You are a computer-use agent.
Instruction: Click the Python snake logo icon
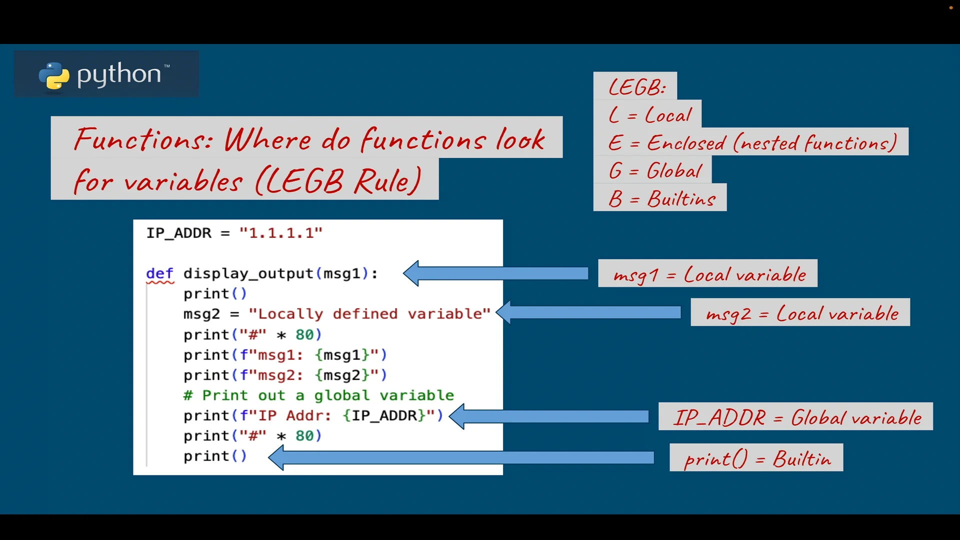coord(54,76)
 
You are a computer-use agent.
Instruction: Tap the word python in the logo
coord(119,74)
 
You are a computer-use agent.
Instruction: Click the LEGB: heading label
coord(636,87)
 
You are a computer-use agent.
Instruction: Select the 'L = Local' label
coord(649,115)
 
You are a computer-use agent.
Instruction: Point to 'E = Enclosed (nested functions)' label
coord(751,143)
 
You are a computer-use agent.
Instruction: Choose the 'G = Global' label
coord(654,171)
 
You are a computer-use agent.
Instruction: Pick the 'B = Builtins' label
coord(661,198)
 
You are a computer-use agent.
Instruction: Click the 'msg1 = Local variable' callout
coord(708,274)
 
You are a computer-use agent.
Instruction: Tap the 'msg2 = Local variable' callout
coord(800,313)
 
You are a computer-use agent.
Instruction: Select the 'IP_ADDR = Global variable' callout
coord(796,417)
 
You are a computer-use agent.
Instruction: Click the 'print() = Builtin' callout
coord(756,458)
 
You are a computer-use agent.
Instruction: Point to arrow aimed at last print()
coord(460,457)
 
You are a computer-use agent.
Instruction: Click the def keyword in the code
coord(159,273)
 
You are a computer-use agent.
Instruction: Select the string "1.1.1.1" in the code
coord(280,233)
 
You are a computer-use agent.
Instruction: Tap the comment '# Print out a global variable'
coord(318,395)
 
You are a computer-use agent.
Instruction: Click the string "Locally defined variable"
coord(369,314)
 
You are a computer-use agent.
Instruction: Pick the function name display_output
coord(248,273)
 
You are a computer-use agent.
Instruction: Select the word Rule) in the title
coord(387,181)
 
